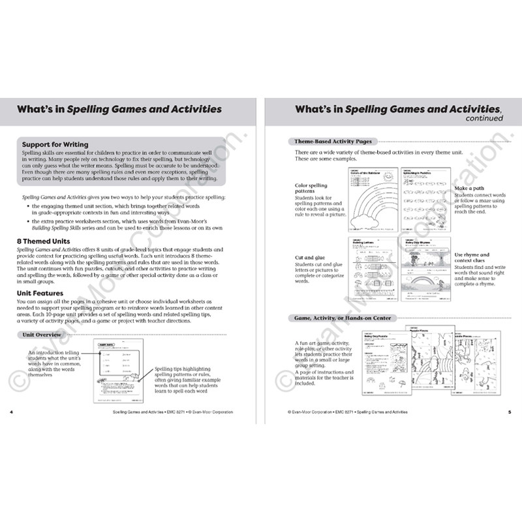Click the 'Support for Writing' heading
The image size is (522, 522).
tap(55, 144)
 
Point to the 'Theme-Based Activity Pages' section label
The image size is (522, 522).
tap(328, 141)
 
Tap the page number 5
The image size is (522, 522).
tap(510, 412)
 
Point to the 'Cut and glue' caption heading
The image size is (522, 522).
tap(308, 258)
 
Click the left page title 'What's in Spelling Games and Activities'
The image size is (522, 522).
tap(119, 108)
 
